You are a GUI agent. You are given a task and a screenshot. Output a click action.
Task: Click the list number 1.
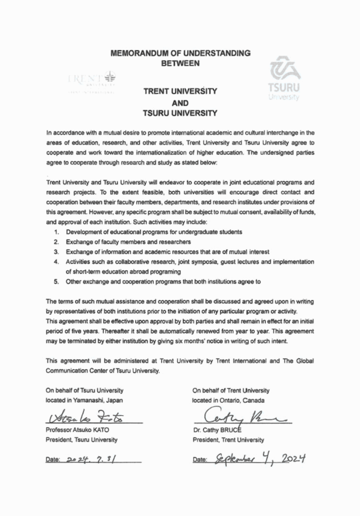(57, 232)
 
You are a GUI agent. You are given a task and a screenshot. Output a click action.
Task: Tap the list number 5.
(57, 282)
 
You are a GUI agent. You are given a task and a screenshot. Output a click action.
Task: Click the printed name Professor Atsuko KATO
(84, 430)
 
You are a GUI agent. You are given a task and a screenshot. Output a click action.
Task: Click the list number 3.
(57, 252)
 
